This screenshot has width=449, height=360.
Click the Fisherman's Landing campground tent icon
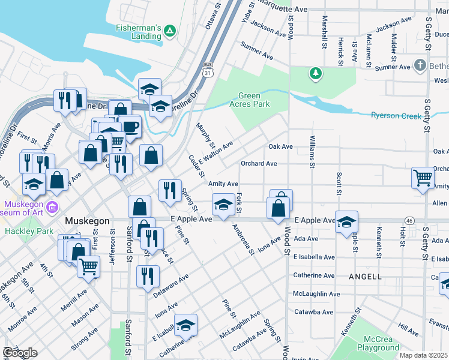pos(170,30)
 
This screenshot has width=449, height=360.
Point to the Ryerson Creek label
pos(396,115)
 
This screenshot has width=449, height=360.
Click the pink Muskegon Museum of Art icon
pos(52,208)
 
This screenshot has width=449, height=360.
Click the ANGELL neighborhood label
pos(364,277)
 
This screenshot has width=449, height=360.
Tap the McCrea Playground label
pos(378,343)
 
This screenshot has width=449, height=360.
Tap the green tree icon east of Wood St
pos(315,73)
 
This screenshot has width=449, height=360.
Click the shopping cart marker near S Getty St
pos(423,177)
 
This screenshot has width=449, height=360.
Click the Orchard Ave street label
pos(259,163)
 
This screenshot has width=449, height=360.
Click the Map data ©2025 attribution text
pos(424,355)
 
